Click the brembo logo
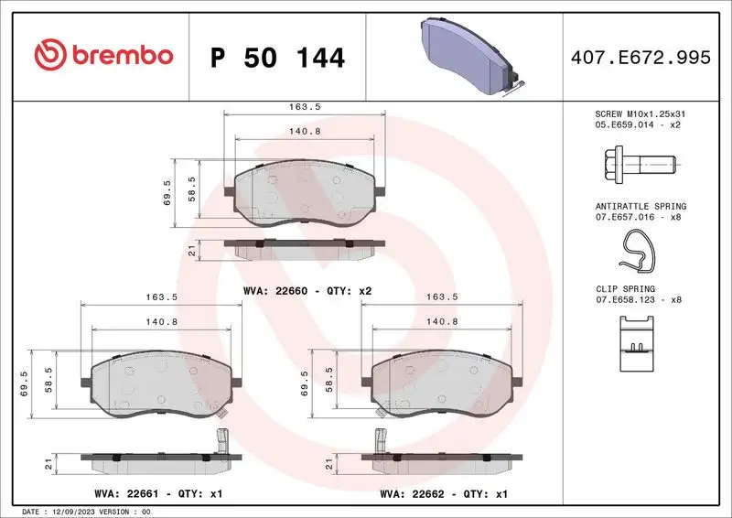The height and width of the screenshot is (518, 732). tap(103, 55)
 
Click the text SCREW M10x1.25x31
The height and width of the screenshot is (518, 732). tap(640, 114)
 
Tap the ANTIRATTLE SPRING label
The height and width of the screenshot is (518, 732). tap(640, 207)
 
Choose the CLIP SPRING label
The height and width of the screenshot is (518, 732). tap(627, 288)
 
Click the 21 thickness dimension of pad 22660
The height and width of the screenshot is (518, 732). tap(192, 250)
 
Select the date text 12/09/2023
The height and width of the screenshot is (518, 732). tap(76, 511)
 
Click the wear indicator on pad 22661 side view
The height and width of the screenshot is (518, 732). tap(220, 443)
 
